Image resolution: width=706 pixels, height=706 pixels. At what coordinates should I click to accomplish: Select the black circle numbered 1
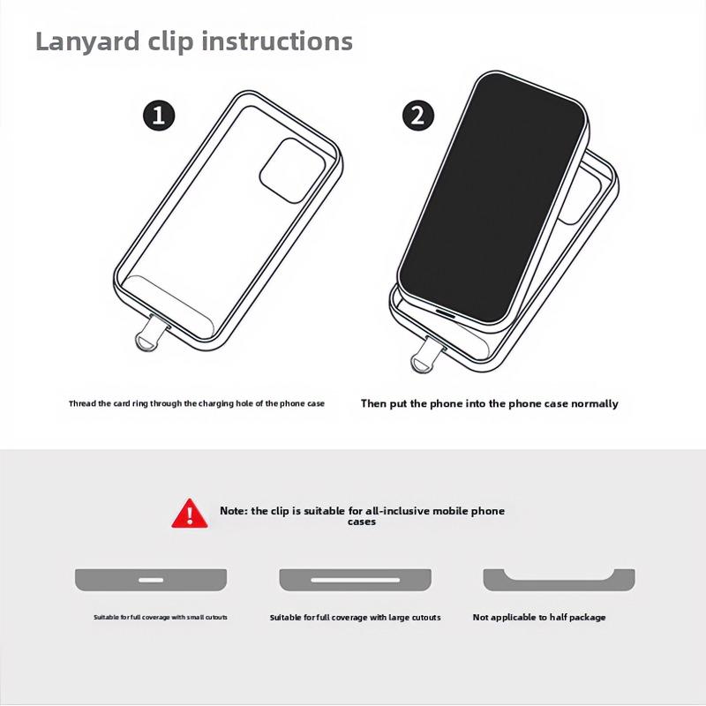coord(159,116)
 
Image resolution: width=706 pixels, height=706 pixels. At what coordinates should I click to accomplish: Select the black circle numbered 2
coord(418,116)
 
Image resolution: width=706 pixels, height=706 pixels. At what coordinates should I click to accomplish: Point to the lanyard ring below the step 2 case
coord(424,357)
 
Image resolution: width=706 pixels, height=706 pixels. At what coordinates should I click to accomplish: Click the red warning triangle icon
coord(190,513)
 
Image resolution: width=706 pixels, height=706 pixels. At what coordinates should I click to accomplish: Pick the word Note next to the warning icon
coord(234,511)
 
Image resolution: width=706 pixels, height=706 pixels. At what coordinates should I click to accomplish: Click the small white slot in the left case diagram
coord(151,580)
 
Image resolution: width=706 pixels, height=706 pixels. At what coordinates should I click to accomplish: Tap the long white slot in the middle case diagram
coord(355,580)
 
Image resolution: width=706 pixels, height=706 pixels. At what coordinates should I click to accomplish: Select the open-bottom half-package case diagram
coord(559,580)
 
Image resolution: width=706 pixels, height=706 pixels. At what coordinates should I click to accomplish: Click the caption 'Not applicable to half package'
coord(539,618)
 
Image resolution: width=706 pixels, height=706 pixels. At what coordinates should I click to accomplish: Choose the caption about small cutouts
coord(161,618)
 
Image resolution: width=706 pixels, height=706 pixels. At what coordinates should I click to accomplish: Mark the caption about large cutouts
coord(355,618)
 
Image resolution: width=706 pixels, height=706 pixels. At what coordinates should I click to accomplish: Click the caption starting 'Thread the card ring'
coord(197,403)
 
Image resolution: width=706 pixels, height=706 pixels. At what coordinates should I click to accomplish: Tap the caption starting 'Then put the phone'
coord(490,403)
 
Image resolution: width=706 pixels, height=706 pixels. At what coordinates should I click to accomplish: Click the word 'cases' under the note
coord(362,522)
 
